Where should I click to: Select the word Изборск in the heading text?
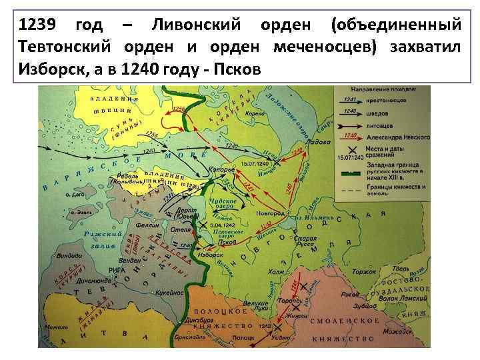click(x=46, y=69)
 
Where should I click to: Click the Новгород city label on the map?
click(x=270, y=213)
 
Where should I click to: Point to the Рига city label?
click(x=116, y=269)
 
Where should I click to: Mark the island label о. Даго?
click(x=75, y=195)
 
